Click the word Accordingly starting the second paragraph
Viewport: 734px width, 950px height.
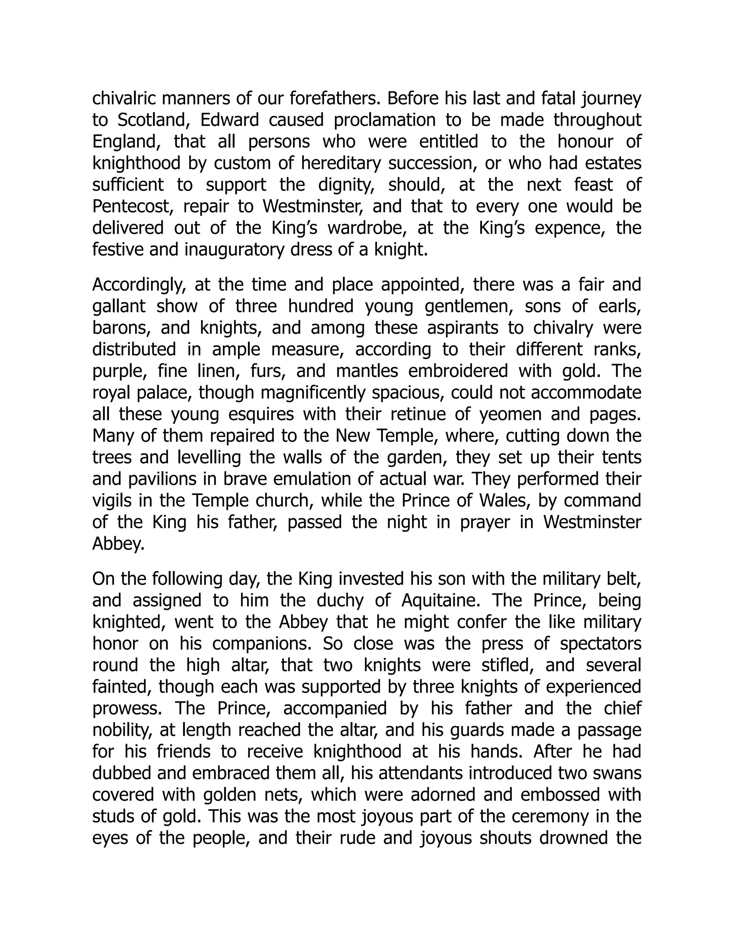tap(139, 285)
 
